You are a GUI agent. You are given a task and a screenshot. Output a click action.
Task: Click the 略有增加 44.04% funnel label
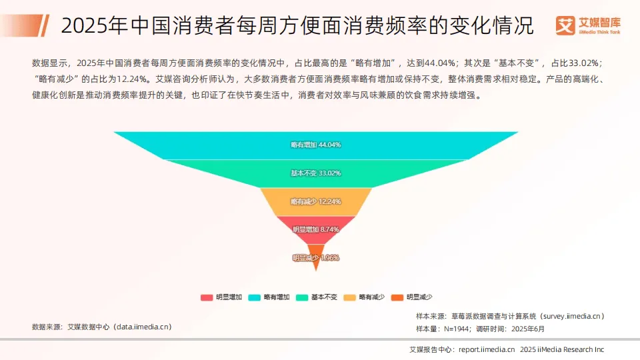click(x=316, y=145)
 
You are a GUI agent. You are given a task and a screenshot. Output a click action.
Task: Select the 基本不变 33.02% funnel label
click(x=316, y=173)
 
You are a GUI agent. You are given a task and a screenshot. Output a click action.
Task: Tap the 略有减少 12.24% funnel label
click(x=316, y=201)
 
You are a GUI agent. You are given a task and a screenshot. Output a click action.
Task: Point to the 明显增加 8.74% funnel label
click(x=316, y=229)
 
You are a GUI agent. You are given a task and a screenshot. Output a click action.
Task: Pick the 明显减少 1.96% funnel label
click(x=316, y=257)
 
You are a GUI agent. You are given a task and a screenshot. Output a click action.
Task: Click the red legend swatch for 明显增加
click(x=206, y=297)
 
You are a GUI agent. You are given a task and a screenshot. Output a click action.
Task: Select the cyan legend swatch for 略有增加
click(x=254, y=297)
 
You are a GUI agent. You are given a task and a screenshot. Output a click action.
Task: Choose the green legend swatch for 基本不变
click(x=302, y=297)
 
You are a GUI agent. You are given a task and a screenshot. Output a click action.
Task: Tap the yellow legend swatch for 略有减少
click(x=349, y=297)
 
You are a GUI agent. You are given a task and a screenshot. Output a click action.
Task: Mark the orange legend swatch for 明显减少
click(x=397, y=297)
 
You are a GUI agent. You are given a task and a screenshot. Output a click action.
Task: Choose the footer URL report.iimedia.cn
click(x=487, y=349)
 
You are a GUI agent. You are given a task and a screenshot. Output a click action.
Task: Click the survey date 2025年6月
click(x=528, y=329)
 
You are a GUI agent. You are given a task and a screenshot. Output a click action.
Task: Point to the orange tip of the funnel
click(x=316, y=265)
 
